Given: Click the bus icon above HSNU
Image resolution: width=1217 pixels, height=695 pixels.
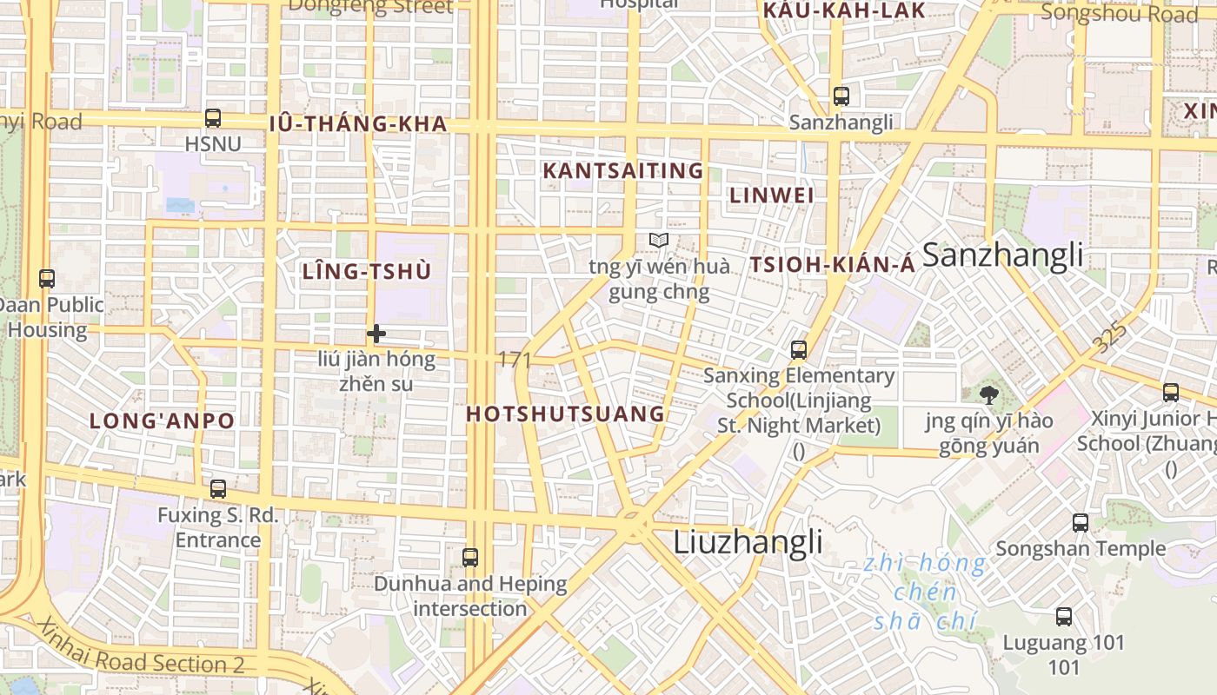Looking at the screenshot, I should pos(213,118).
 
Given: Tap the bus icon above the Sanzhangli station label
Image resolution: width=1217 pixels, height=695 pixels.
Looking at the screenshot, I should pos(841,96).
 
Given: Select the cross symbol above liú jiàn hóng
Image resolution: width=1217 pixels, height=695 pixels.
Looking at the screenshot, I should pos(376,333).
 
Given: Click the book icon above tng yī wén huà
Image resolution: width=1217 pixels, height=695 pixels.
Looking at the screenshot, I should pos(659,241).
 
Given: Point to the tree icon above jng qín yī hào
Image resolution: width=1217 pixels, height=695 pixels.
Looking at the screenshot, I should pos(988,396).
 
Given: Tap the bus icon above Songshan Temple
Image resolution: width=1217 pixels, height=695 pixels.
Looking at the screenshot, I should pos(1081,523).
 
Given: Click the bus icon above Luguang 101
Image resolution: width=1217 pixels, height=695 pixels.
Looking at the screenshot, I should pos(1064,617).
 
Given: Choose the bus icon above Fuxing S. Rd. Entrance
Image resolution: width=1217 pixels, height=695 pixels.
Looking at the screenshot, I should pos(218,489).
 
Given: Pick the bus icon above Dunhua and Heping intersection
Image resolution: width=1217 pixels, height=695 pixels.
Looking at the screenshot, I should pos(470,558).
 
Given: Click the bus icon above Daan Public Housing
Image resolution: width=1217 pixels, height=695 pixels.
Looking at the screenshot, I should pos(47,279).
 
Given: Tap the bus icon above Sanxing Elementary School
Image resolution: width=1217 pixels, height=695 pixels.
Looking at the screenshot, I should pos(799,350).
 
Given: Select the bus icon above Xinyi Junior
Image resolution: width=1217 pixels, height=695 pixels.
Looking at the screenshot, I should pos(1171,393).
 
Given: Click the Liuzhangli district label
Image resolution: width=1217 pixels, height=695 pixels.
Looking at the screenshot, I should pos(748,542).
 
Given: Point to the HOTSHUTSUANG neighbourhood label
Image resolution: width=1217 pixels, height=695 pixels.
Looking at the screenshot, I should pos(565,414).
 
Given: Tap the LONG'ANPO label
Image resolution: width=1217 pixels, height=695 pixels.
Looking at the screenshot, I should pos(163,421).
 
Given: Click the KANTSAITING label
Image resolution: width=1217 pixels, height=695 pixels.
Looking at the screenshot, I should pos(622,171).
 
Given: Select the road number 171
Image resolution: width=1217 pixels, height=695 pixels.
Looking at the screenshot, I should pos(515,360).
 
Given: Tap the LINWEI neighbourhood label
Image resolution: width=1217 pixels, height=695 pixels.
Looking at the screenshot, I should pos(772,195).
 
